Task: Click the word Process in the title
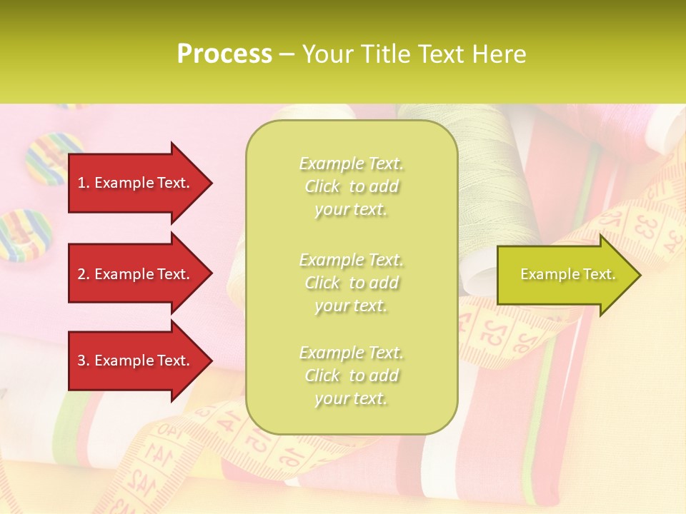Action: coord(224,54)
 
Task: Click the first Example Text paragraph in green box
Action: coord(351,186)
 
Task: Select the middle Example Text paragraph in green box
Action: coord(351,282)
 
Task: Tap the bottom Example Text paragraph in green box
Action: coord(351,376)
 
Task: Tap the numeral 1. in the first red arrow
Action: coord(83,183)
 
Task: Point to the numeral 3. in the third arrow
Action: coord(83,361)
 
